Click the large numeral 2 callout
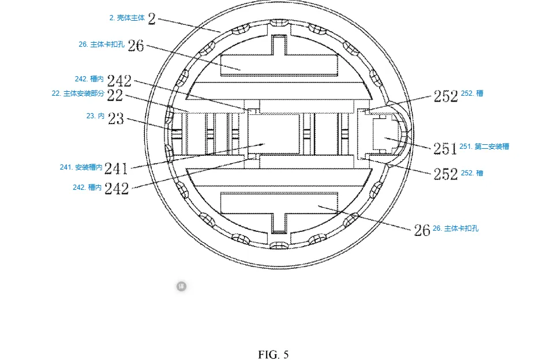pyautogui.click(x=152, y=18)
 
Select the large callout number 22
pyautogui.click(x=115, y=95)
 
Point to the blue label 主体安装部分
pyautogui.click(x=84, y=93)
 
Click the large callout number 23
pyautogui.click(x=115, y=118)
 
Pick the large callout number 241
pyautogui.click(x=117, y=168)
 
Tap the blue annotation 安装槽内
pyautogui.click(x=89, y=167)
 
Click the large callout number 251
pyautogui.click(x=445, y=149)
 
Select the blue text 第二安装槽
pyautogui.click(x=492, y=147)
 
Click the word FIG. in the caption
pyautogui.click(x=269, y=355)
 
